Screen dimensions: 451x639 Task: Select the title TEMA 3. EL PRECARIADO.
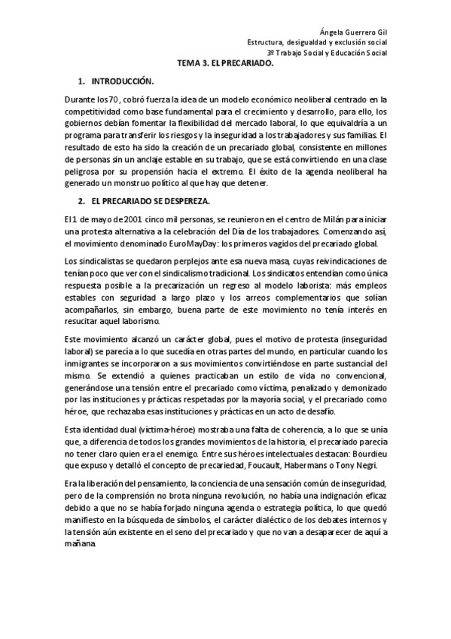225,64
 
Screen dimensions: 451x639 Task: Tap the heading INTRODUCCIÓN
122,81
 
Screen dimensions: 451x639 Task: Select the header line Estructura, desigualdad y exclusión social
318,42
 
